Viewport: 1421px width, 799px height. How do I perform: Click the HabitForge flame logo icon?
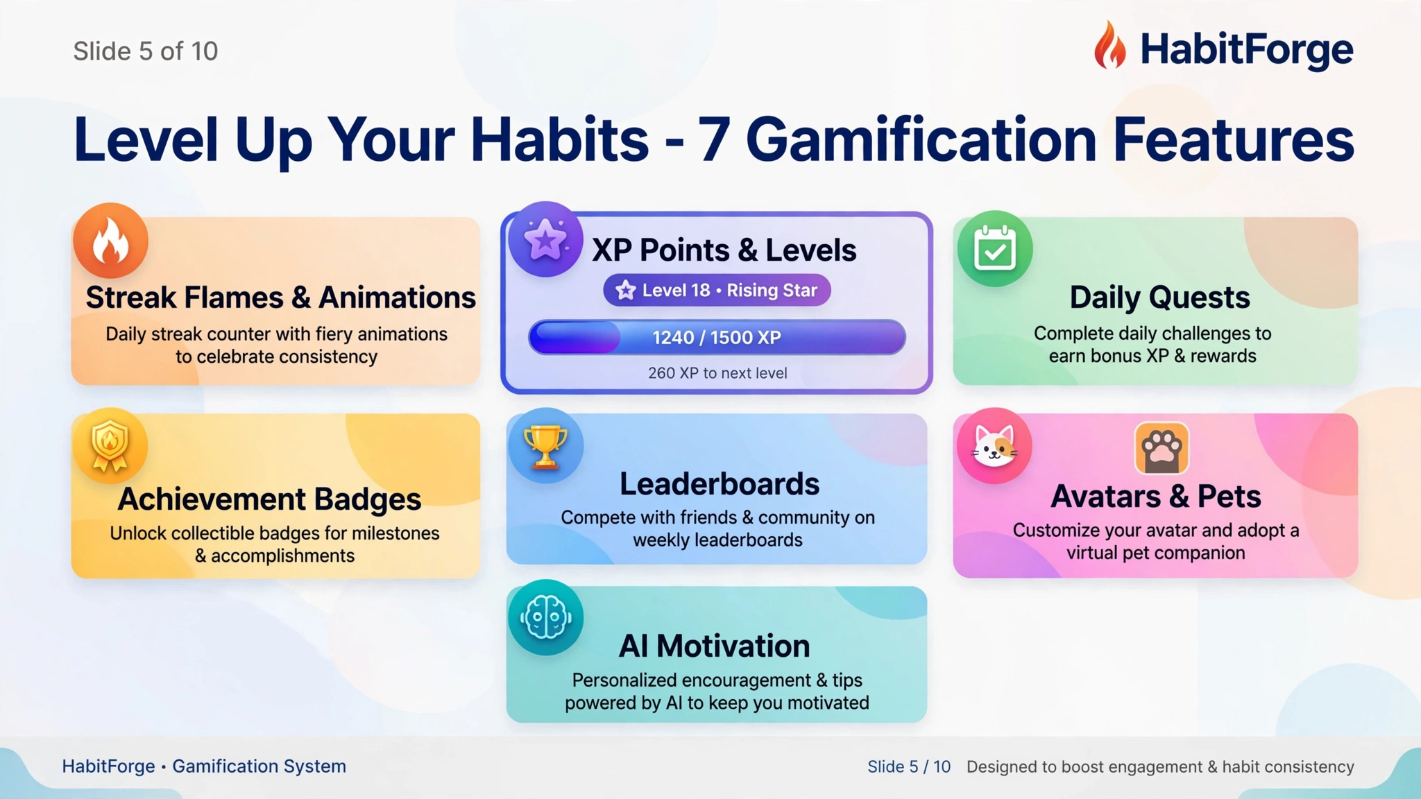1110,45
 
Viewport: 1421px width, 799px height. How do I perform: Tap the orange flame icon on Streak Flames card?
110,240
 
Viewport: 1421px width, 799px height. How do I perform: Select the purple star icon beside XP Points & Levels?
545,239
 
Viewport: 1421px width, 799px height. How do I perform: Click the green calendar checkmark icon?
995,248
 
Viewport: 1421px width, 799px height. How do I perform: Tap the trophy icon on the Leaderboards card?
545,445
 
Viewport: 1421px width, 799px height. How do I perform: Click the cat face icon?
994,445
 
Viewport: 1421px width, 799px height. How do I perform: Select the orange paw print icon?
1162,449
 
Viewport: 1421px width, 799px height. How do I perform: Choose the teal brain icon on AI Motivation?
545,617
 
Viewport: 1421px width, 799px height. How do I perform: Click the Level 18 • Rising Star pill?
717,290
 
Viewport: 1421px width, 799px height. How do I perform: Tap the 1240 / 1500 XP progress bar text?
717,337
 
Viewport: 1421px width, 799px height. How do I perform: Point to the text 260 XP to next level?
717,373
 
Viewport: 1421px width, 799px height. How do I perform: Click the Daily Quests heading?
1159,298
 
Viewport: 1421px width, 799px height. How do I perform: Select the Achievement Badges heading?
269,499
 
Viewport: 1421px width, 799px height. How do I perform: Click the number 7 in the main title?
713,139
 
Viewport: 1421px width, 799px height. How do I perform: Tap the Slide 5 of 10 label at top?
146,51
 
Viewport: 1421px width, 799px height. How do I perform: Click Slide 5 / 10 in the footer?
909,766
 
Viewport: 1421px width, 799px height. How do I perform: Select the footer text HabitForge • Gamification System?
204,766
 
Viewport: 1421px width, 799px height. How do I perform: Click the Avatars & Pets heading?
1155,497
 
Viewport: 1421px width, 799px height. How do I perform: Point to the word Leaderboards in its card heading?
720,484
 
